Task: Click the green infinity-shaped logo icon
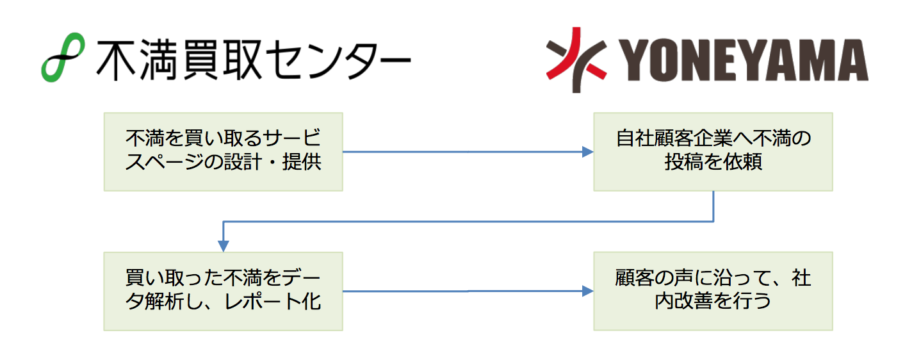63,57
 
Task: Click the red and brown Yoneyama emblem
576,60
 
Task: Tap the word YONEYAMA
744,60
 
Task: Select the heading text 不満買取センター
254,60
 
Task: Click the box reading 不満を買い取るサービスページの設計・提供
224,152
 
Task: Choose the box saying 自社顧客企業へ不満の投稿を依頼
713,152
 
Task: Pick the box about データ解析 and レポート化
224,291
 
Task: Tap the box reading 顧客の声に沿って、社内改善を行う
713,291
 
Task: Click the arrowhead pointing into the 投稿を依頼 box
588,152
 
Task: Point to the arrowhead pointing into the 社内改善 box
588,291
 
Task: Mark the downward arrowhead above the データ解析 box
224,246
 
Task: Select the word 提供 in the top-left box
302,161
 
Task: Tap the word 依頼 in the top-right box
743,161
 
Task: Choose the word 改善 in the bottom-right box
694,302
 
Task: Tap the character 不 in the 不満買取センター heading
117,60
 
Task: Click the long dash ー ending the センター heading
390,60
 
